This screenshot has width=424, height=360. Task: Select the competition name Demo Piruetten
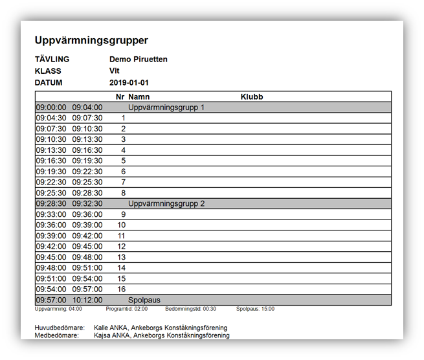click(139, 60)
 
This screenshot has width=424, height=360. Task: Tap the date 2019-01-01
click(129, 83)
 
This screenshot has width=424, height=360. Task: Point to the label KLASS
click(49, 71)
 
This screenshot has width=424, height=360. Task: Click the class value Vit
click(115, 71)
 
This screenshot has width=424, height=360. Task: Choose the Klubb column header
click(252, 97)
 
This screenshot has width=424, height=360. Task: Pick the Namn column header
click(139, 97)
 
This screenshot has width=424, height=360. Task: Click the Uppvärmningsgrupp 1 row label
click(166, 107)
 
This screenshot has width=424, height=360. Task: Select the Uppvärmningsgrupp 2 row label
click(166, 204)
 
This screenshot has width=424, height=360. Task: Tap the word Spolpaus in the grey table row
click(144, 300)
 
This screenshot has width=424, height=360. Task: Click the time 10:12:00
click(87, 300)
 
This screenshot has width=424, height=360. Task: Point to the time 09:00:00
click(50, 107)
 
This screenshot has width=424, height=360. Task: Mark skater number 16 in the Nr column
click(121, 289)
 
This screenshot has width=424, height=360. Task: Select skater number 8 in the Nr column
click(123, 193)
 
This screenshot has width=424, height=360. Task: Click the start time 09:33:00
click(50, 214)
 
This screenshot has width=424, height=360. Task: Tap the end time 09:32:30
click(87, 204)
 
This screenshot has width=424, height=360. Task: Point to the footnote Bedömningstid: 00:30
click(191, 309)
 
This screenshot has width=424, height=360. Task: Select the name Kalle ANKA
click(111, 328)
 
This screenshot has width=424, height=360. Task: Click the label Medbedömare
click(57, 336)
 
